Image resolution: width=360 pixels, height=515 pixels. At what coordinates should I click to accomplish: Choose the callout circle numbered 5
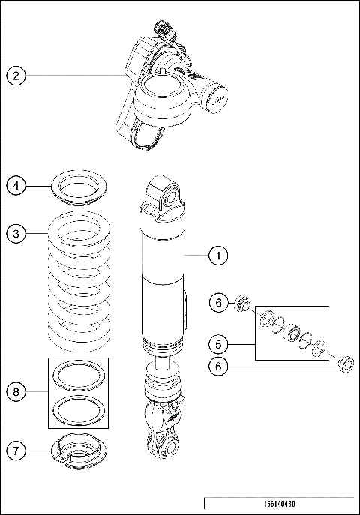(218, 345)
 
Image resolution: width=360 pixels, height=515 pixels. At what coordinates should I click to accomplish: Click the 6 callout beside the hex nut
(218, 303)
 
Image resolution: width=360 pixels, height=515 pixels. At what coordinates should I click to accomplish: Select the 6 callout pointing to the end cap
(218, 367)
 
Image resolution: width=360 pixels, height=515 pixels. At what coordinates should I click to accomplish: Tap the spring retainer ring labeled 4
(78, 185)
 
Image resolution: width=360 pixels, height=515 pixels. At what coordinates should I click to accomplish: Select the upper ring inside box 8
(78, 377)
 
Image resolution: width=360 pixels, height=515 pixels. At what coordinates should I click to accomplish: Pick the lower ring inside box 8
(78, 409)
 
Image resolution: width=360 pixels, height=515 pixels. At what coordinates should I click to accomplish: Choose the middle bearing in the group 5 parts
(293, 331)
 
